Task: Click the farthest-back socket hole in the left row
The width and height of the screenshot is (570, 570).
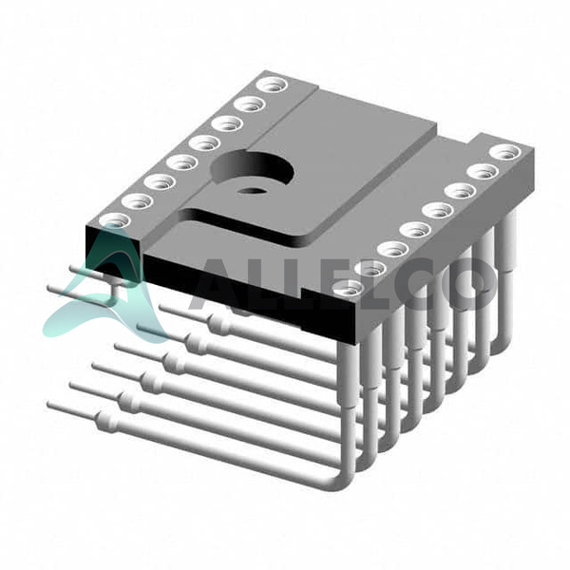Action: pos(272,85)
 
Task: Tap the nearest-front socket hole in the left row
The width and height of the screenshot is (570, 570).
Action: pos(115,221)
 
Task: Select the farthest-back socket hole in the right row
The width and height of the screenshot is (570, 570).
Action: pos(505,152)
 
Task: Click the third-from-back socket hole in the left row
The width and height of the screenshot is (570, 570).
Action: pos(227,124)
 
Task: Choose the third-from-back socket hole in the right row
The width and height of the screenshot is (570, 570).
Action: pos(461,191)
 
